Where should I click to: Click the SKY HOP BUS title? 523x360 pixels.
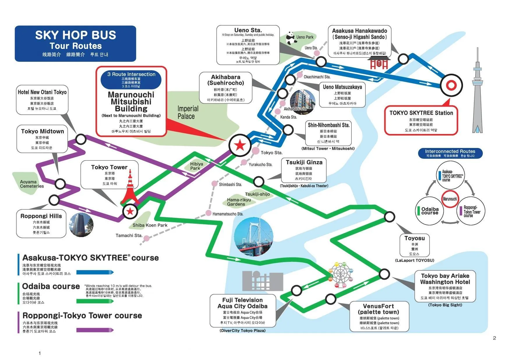75,35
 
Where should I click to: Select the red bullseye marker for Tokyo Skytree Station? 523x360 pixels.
451,85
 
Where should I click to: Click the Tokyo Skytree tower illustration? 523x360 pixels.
477,93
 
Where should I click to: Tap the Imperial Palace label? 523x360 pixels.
188,112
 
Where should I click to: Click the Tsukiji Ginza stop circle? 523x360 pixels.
259,181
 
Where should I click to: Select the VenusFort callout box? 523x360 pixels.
379,316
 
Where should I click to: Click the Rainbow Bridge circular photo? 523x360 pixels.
253,237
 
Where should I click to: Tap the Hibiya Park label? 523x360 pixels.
197,166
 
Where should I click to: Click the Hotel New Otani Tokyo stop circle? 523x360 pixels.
81,139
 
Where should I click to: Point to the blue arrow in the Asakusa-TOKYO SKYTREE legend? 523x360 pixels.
95,272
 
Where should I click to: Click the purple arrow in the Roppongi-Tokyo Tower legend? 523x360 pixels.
95,330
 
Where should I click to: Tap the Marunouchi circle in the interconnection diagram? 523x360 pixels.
450,199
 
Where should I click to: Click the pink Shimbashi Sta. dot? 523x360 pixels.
214,184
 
